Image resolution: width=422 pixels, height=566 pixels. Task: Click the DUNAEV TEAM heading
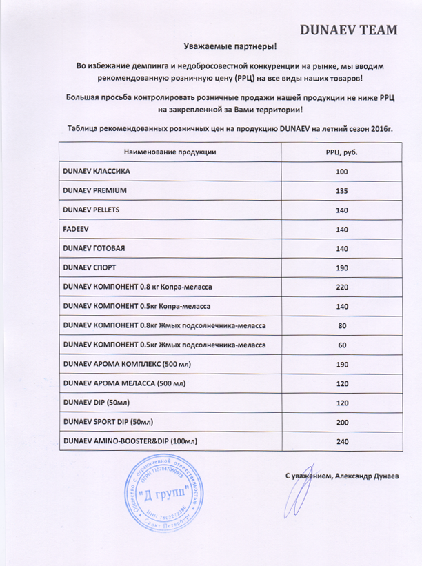tap(349, 30)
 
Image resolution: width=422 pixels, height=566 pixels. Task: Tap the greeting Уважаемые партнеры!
tap(230, 46)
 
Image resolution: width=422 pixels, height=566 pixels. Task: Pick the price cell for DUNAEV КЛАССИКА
tap(341, 171)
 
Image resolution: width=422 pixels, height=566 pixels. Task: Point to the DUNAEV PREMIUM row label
tap(95, 190)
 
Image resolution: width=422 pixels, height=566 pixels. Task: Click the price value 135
tap(341, 190)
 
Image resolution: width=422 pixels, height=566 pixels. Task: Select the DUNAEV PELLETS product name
tap(91, 209)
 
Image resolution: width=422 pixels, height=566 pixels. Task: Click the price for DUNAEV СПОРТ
tap(341, 267)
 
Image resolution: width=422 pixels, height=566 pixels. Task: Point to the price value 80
tap(341, 325)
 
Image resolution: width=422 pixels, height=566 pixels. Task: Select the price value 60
tap(341, 344)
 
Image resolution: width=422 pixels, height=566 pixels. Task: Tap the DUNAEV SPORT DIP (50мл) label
tap(108, 421)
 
